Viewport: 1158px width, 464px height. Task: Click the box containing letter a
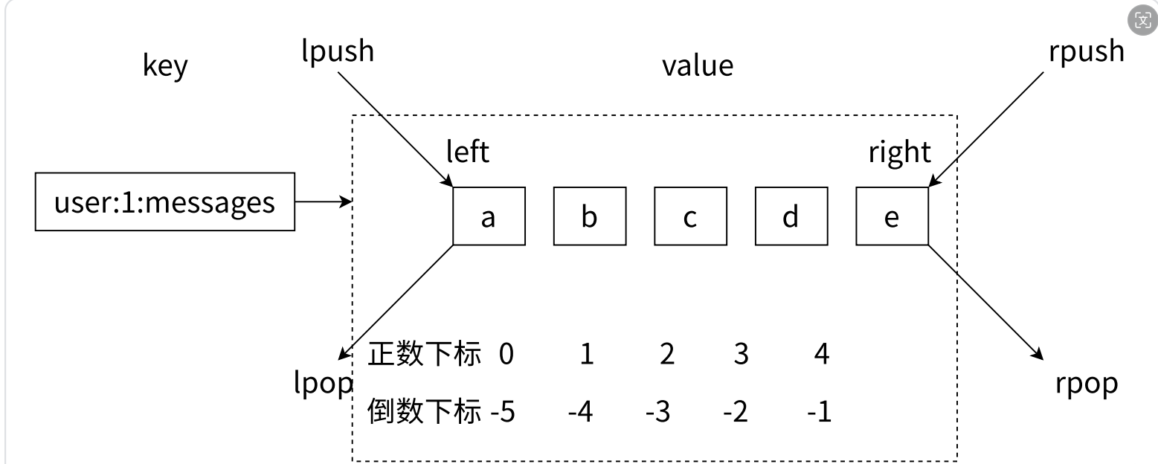[x=489, y=216]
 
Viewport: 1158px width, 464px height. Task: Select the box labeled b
[x=590, y=216]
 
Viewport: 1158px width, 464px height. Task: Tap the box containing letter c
[x=691, y=216]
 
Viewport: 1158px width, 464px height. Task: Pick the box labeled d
[x=791, y=216]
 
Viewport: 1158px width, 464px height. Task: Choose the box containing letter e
[x=892, y=216]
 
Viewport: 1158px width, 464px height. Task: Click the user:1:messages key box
[x=165, y=202]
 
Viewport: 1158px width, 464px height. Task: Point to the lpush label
[x=338, y=52]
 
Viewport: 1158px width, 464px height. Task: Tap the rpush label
[x=1087, y=52]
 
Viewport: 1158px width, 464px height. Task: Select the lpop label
[x=323, y=383]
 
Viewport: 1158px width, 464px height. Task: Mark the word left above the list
[x=467, y=152]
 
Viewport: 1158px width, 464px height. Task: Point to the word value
[x=698, y=66]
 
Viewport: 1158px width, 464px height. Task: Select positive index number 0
[x=506, y=354]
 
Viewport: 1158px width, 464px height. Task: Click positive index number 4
[x=822, y=354]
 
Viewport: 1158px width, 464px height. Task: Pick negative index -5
[x=503, y=412]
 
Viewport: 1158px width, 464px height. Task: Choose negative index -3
[x=658, y=412]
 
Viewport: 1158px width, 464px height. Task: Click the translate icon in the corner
[x=1142, y=20]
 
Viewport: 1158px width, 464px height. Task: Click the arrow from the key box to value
[x=324, y=202]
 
